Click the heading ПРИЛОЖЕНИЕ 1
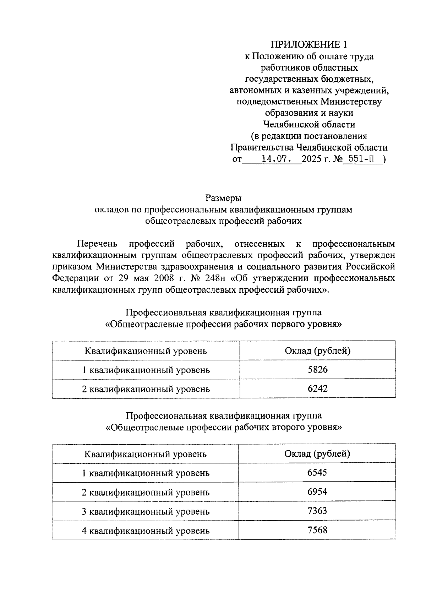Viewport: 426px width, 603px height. point(308,44)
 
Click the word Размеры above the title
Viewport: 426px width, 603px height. point(223,198)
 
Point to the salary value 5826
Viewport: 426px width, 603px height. point(318,370)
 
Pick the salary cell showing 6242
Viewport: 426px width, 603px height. point(318,389)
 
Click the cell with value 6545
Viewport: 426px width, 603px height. point(318,473)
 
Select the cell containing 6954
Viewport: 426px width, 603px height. point(318,492)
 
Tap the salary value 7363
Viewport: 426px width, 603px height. point(318,511)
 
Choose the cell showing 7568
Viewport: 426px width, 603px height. point(318,530)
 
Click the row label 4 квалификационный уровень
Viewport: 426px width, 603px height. point(146,531)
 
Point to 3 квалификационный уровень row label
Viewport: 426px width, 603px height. point(146,512)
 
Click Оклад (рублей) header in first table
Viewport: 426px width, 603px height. point(318,351)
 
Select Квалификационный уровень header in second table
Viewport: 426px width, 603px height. point(146,454)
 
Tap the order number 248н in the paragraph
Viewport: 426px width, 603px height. point(216,278)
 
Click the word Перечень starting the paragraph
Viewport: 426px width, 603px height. point(97,244)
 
